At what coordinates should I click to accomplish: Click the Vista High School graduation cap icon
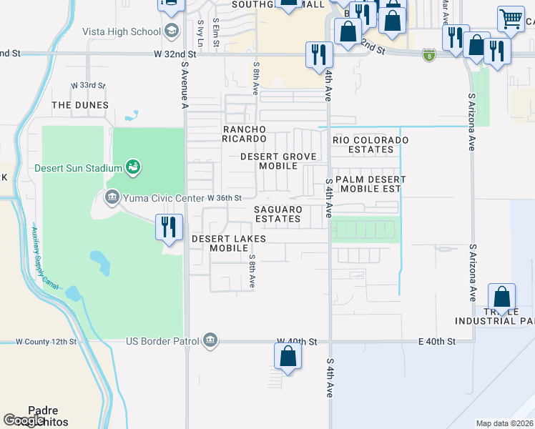tap(171, 31)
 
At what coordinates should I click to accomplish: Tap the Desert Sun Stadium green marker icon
tap(132, 168)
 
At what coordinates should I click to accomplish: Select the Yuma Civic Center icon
tap(112, 197)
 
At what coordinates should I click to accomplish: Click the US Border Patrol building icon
tap(210, 339)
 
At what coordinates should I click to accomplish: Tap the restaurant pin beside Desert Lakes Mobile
tap(169, 227)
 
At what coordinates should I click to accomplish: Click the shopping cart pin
tap(510, 20)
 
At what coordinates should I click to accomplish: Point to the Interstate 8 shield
tap(428, 54)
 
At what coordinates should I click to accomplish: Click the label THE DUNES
tap(80, 105)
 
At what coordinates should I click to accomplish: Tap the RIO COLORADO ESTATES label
tap(370, 144)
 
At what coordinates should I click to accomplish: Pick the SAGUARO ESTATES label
tap(278, 214)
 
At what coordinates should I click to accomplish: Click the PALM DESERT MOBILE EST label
tap(370, 184)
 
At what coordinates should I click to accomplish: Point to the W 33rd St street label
tap(87, 86)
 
